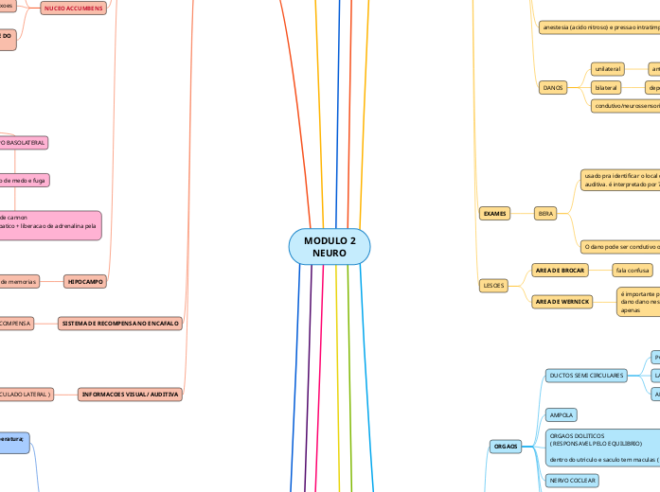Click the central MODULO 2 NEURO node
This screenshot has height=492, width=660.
click(330, 247)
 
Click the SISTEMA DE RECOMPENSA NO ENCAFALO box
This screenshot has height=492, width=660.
click(119, 324)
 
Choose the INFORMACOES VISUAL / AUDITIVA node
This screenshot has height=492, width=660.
click(131, 394)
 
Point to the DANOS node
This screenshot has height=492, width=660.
click(552, 87)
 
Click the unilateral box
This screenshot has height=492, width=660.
click(609, 69)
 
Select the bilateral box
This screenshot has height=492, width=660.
click(606, 87)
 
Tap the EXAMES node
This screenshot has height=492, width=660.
click(494, 214)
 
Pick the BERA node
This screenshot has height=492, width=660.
click(546, 214)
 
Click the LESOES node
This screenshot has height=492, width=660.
click(494, 285)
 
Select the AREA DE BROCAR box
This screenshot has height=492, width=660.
click(560, 271)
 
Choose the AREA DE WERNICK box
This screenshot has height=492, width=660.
click(562, 302)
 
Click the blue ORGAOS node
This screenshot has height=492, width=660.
click(506, 446)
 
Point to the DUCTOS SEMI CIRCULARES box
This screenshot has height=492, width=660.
click(586, 376)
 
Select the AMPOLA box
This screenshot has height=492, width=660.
click(562, 415)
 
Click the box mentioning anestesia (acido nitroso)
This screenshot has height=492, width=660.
click(598, 27)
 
